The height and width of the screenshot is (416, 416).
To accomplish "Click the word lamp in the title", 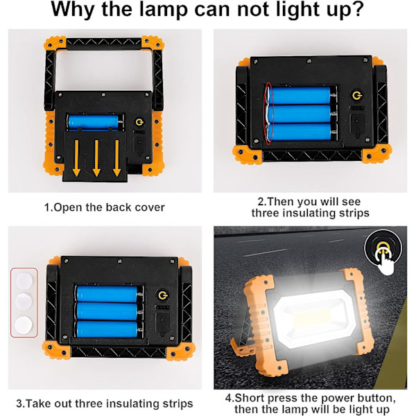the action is point(163,9).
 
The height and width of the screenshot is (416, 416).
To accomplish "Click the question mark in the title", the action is point(356,9).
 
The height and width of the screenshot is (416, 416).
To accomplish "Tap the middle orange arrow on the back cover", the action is point(96,158).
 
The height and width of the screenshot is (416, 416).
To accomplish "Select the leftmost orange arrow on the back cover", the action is point(76,158).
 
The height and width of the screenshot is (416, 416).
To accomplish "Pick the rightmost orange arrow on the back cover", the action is point(116,158).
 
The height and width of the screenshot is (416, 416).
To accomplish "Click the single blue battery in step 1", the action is point(93,122).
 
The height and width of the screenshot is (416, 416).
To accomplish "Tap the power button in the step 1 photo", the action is point(139,122).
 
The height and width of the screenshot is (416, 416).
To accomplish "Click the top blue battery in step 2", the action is point(300,95).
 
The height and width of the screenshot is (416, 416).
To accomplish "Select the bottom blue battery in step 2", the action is point(300,132).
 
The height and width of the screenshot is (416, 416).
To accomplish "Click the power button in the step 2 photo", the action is point(357,96).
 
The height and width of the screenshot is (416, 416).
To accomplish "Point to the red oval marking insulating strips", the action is point(266,114).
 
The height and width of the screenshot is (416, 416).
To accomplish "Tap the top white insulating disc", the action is point(24,281).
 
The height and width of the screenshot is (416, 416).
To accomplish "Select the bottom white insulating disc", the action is point(24,324).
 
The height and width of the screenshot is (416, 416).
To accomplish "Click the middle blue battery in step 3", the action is point(107,311).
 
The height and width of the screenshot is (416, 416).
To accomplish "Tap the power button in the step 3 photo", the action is point(162,295).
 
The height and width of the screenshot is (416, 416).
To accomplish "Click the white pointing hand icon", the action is point(385,260).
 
